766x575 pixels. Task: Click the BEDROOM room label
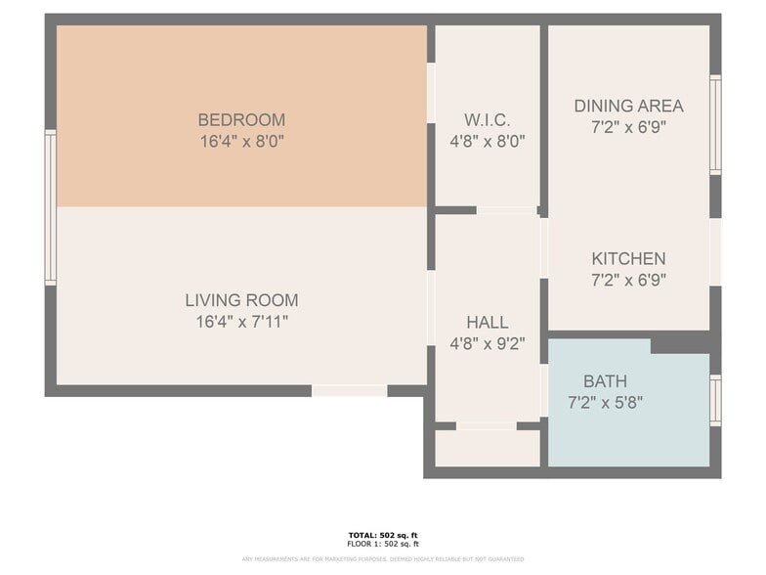[241, 120]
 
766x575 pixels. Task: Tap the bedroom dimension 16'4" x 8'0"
[241, 141]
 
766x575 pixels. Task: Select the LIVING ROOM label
[241, 300]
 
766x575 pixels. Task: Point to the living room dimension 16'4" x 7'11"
[241, 321]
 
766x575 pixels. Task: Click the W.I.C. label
[487, 120]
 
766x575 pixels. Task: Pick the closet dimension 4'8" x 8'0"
[487, 141]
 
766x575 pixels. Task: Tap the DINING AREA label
[628, 106]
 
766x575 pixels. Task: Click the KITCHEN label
[628, 259]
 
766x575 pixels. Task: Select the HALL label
[487, 323]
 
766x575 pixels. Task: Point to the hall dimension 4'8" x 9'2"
[487, 343]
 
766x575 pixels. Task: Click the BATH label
[605, 381]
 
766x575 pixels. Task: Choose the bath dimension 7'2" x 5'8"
[605, 402]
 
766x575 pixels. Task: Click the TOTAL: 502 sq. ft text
[382, 535]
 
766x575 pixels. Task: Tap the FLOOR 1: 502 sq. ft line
[382, 544]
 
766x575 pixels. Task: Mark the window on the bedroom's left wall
[50, 207]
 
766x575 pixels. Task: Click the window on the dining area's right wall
[715, 125]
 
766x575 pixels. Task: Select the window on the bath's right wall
[715, 400]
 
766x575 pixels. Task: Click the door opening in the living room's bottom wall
[349, 390]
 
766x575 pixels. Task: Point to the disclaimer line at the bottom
[382, 559]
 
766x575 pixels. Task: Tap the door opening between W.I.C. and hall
[505, 210]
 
